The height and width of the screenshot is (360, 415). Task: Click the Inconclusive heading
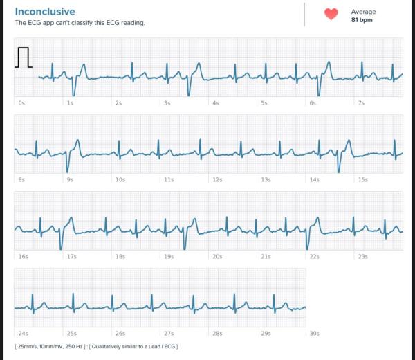pyautogui.click(x=45, y=12)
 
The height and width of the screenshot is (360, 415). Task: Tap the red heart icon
pyautogui.click(x=331, y=14)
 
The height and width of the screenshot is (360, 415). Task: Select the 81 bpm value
pyautogui.click(x=362, y=20)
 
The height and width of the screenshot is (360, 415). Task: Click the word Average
pyautogui.click(x=363, y=12)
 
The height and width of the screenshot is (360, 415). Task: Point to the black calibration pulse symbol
pyautogui.click(x=24, y=57)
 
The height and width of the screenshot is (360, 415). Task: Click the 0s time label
pyautogui.click(x=21, y=103)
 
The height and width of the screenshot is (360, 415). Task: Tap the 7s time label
pyautogui.click(x=361, y=103)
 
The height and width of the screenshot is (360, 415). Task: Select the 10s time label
pyautogui.click(x=120, y=180)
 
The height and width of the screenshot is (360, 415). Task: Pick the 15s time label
pyautogui.click(x=363, y=180)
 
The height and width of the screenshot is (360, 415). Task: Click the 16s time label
pyautogui.click(x=24, y=257)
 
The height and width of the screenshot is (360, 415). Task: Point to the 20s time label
pyautogui.click(x=217, y=257)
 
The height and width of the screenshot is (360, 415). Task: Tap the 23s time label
pyautogui.click(x=363, y=257)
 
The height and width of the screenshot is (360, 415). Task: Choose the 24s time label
pyautogui.click(x=24, y=334)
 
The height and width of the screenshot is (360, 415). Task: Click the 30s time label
pyautogui.click(x=315, y=334)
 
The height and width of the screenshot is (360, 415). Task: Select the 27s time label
pyautogui.click(x=169, y=334)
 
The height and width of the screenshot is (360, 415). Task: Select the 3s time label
pyautogui.click(x=167, y=103)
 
